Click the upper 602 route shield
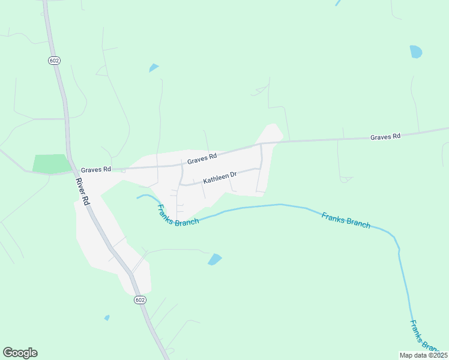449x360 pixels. click(x=53, y=60)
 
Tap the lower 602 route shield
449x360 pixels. click(x=139, y=300)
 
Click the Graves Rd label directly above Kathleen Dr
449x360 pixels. click(x=202, y=159)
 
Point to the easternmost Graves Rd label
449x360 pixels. click(x=385, y=137)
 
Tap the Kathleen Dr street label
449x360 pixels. click(x=220, y=177)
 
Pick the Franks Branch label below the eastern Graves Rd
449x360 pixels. click(x=346, y=220)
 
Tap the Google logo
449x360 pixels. click(x=20, y=353)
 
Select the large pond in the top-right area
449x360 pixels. click(x=415, y=52)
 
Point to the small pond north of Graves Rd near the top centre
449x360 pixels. click(x=154, y=68)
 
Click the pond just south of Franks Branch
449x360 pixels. click(x=214, y=259)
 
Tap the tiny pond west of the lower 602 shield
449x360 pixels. click(x=107, y=317)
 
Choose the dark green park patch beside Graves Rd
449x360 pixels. click(x=52, y=164)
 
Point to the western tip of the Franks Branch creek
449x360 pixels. click(x=138, y=196)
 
